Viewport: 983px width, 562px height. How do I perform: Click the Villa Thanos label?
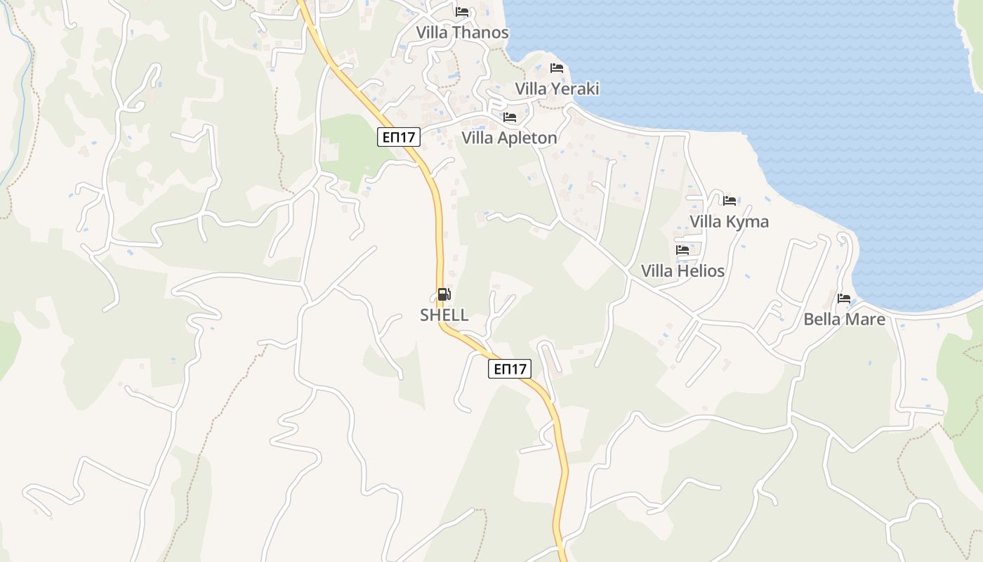pyautogui.click(x=462, y=32)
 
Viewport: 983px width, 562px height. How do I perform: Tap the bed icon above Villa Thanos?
pyautogui.click(x=462, y=12)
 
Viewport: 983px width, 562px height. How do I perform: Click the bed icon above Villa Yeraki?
pyautogui.click(x=557, y=68)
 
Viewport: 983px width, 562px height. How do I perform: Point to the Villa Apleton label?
pyautogui.click(x=509, y=138)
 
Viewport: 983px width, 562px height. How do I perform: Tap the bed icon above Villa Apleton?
pyautogui.click(x=510, y=117)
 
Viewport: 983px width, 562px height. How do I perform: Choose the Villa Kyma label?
pyautogui.click(x=729, y=221)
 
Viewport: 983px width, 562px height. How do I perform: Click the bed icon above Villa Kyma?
pyautogui.click(x=730, y=201)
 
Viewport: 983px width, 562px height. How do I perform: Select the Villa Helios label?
pyautogui.click(x=682, y=270)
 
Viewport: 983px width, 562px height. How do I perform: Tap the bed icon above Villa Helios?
pyautogui.click(x=682, y=250)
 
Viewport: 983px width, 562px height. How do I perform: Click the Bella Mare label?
pyautogui.click(x=844, y=319)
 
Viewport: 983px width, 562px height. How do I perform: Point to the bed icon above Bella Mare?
pyautogui.click(x=844, y=299)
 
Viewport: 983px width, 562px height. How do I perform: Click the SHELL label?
pyautogui.click(x=444, y=315)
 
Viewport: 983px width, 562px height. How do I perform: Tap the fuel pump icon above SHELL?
pyautogui.click(x=444, y=294)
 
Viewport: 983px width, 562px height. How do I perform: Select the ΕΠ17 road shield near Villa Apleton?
pyautogui.click(x=399, y=137)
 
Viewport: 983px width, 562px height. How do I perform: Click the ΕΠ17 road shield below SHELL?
pyautogui.click(x=510, y=369)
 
